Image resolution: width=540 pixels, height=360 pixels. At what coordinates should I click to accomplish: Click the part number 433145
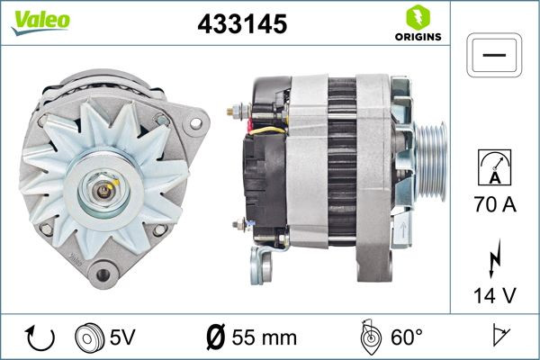click(x=241, y=25)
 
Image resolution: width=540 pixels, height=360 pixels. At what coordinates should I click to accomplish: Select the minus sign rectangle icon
click(x=495, y=55)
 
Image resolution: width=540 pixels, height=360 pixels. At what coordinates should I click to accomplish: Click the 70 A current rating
click(x=495, y=206)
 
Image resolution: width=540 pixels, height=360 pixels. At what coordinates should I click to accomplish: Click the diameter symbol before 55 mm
click(x=215, y=338)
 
